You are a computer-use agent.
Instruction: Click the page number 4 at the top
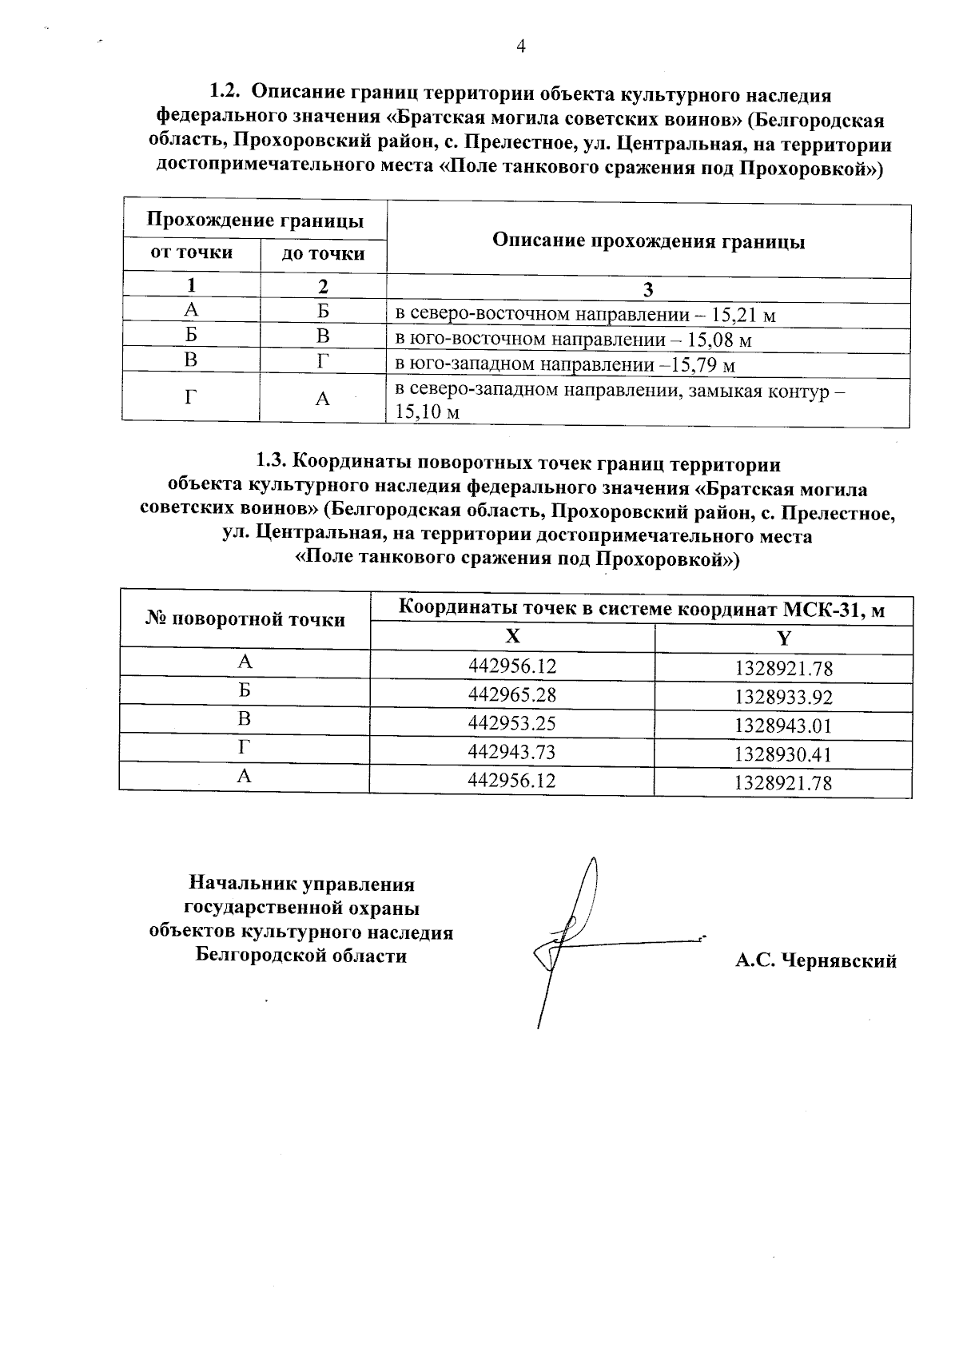click(x=520, y=46)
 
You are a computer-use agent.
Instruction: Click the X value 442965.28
click(x=511, y=694)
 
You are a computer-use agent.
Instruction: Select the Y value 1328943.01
click(x=783, y=726)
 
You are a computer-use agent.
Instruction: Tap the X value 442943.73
click(x=511, y=752)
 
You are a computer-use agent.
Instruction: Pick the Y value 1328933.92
click(x=783, y=698)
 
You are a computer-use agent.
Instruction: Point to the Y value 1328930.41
click(x=783, y=754)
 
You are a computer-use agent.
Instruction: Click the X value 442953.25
click(x=511, y=723)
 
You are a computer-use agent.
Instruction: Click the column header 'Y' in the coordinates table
click(x=784, y=638)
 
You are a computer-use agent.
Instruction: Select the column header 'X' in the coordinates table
click(x=512, y=636)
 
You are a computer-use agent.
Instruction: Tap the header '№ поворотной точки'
click(x=245, y=619)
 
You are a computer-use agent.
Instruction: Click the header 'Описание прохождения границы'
click(x=648, y=241)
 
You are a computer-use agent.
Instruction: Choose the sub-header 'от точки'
click(x=192, y=253)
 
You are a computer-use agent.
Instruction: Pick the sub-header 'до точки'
click(x=323, y=254)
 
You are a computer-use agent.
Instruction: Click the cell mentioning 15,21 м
click(x=586, y=315)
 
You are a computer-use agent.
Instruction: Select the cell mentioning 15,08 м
click(x=575, y=340)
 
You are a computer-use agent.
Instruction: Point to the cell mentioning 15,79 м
click(x=566, y=366)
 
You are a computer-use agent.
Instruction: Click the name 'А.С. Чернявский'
click(x=815, y=960)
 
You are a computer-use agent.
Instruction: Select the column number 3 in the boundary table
click(x=648, y=289)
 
